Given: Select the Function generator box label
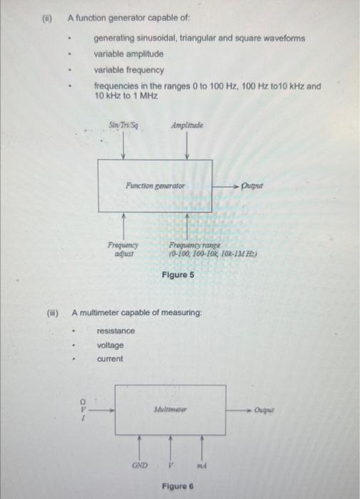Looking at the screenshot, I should [155, 185].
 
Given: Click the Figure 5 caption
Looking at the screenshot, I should [178, 274].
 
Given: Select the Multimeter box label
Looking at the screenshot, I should [170, 410].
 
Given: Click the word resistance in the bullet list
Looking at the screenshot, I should [115, 331].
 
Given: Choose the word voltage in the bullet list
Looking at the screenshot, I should [110, 345].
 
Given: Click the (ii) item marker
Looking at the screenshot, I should [48, 19].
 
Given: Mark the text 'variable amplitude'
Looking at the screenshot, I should [129, 54].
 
